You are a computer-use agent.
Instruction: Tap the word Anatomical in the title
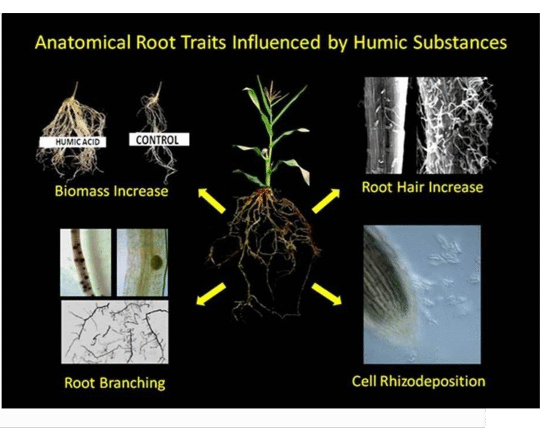coord(83,43)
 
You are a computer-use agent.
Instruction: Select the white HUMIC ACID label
coord(73,142)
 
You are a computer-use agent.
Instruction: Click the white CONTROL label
coord(159,140)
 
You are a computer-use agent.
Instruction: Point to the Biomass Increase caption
coord(111,191)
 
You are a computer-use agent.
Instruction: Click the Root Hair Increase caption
coord(422,187)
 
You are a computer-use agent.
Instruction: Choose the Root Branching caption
coord(115,383)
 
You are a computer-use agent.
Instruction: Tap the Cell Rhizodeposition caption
coord(419,381)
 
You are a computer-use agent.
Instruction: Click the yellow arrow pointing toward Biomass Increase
coord(212,201)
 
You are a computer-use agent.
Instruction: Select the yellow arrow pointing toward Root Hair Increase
coord(326,201)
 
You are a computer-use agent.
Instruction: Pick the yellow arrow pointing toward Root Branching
coord(211,294)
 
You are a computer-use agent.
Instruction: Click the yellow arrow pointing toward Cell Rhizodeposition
coord(326,294)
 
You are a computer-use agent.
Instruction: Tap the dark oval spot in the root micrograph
coord(157,261)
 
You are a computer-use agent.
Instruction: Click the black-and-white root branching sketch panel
coord(115,332)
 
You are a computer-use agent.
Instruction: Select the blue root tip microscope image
coord(422,295)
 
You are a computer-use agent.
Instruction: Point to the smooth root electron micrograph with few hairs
coord(386,125)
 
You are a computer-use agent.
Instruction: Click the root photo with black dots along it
coord(86,262)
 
